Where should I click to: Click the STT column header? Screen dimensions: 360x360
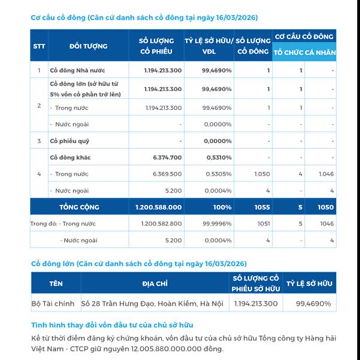coord(39,46)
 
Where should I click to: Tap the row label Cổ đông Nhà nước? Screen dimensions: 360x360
coord(79,71)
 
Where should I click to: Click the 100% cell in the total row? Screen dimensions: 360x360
coord(221,207)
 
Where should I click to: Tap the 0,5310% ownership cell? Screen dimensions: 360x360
coord(217,157)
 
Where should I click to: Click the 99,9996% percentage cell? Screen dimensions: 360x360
coord(217,224)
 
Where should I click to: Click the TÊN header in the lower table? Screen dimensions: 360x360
coord(56,283)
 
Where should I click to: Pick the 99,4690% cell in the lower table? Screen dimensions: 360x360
coord(313,304)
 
